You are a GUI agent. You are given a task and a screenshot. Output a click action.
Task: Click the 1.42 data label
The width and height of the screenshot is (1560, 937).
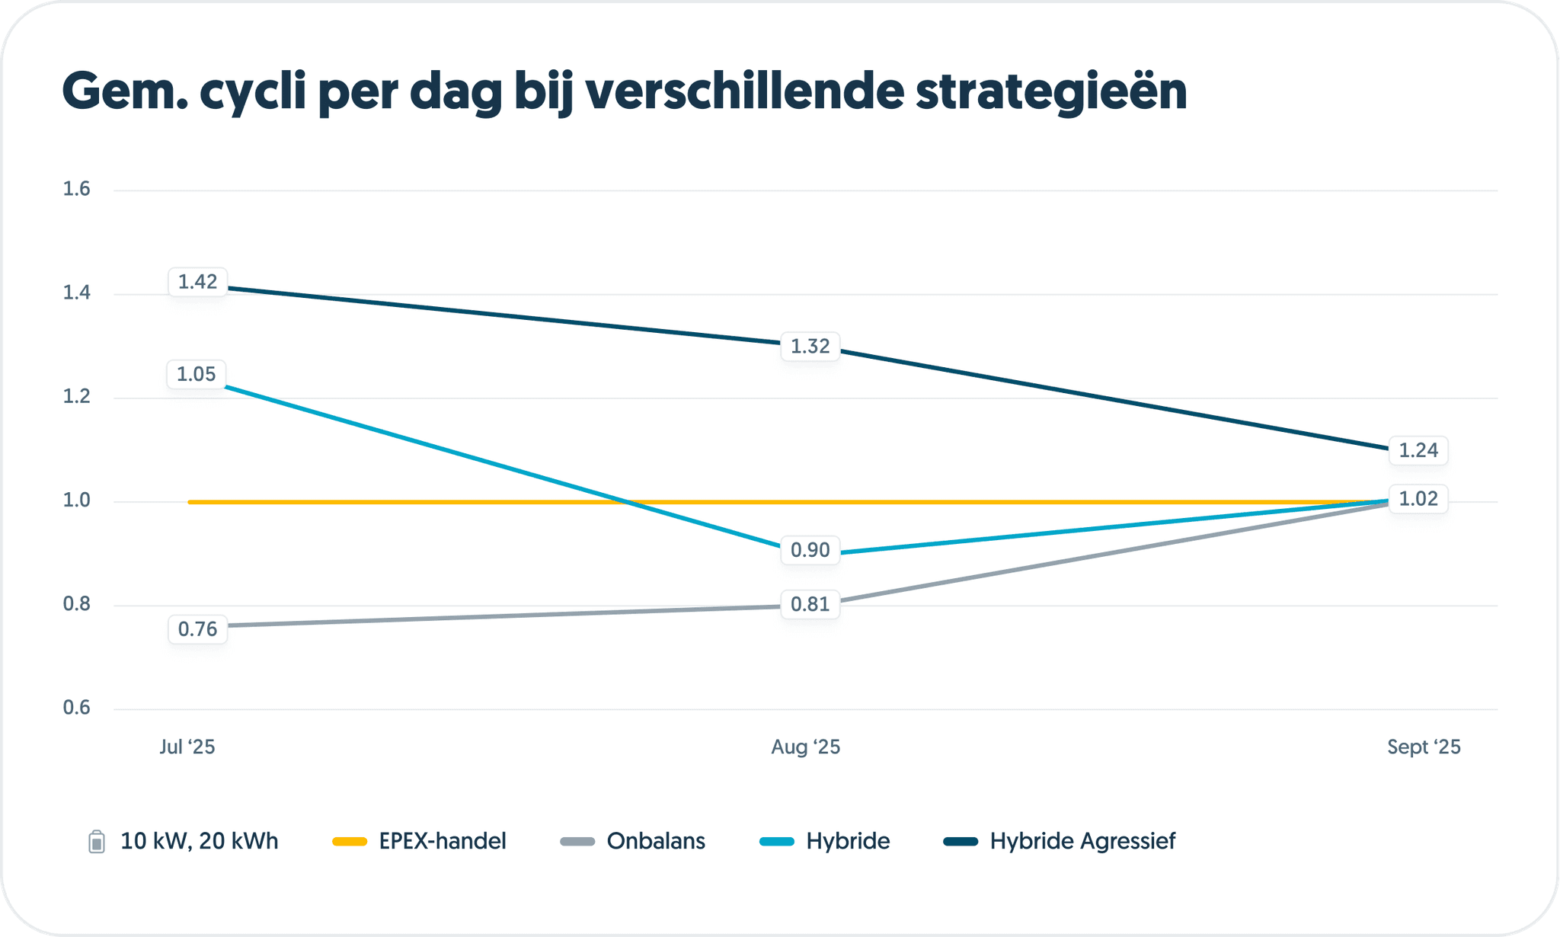point(197,283)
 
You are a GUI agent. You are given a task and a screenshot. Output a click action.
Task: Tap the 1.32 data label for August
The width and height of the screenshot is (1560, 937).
point(810,347)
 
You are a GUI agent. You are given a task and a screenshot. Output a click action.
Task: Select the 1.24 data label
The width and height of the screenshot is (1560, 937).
point(1418,450)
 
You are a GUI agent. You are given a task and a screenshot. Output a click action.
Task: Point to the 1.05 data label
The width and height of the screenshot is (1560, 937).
point(197,375)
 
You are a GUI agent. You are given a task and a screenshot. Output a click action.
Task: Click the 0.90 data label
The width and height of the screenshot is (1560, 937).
point(810,550)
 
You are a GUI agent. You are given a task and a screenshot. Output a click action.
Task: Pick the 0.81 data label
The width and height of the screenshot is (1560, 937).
point(810,605)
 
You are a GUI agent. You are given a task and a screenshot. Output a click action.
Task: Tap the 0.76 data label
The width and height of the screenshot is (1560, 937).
point(197,629)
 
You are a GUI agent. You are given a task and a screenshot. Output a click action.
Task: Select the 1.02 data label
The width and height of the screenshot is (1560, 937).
point(1418,499)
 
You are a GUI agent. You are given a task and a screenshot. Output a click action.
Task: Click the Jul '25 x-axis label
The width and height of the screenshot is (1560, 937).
point(187,747)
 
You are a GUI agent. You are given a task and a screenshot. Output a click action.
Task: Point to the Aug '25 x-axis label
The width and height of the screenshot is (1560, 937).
point(805,747)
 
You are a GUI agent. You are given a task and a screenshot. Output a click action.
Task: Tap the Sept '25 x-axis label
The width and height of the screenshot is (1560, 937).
point(1423,747)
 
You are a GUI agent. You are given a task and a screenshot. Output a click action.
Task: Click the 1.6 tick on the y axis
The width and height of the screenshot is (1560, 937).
point(76,189)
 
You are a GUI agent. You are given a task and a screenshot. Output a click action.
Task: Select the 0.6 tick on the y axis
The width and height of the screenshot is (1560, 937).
point(76,708)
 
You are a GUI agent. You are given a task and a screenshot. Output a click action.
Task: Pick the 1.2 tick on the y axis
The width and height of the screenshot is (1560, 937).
point(76,396)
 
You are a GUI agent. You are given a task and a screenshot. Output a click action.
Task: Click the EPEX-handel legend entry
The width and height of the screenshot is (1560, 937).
point(442,841)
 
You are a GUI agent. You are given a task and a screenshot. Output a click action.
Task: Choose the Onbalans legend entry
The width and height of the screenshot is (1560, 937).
point(655,841)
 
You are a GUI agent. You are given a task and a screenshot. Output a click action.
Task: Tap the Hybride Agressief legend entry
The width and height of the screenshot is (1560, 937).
point(1082,841)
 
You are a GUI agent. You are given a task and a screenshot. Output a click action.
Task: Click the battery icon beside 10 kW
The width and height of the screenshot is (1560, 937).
point(97,842)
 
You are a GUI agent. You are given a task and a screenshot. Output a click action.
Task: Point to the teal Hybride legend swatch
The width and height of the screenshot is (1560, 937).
point(777,842)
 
